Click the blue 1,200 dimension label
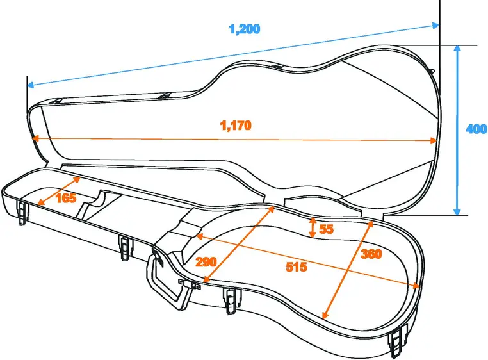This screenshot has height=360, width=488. click(x=245, y=29)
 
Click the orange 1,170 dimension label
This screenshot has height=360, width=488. click(x=236, y=126)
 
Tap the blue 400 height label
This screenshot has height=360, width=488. click(x=476, y=129)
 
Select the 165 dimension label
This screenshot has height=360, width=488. click(x=66, y=198)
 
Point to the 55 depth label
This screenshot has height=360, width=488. click(x=327, y=229)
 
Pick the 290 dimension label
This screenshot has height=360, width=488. click(x=206, y=261)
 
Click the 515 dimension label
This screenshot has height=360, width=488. click(x=296, y=267)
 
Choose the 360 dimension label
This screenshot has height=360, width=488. click(x=371, y=254)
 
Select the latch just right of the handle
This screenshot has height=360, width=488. click(x=230, y=300)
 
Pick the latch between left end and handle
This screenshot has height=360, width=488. click(x=123, y=247)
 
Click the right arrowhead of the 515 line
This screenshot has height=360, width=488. click(x=417, y=286)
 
